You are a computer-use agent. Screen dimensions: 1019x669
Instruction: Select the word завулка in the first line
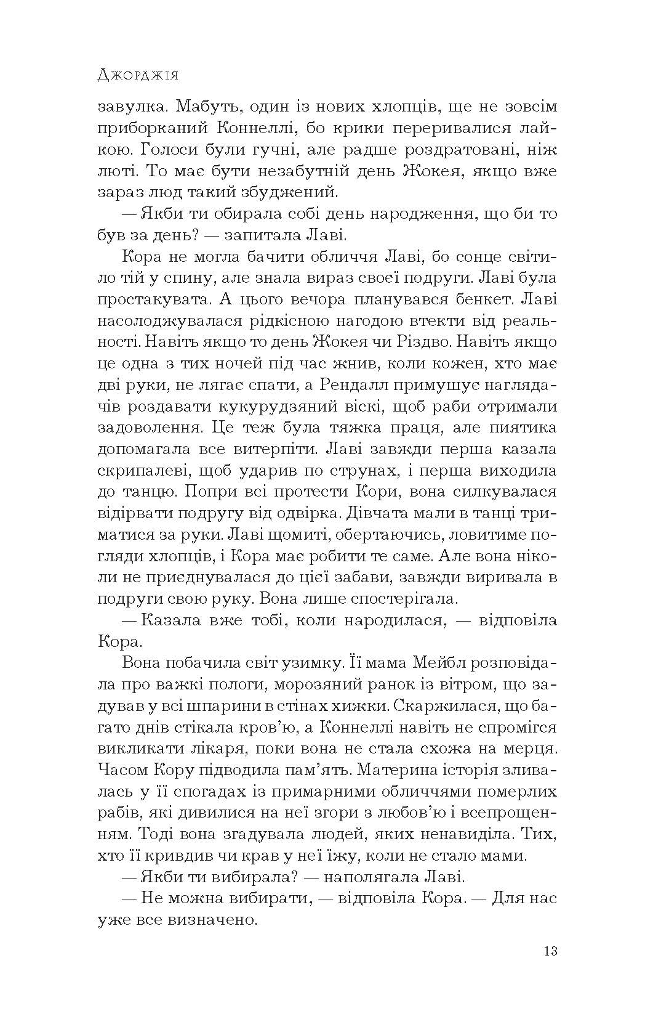click(x=132, y=107)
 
